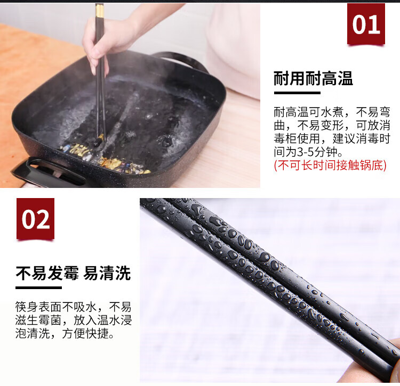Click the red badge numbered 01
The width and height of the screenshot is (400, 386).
(x=366, y=24)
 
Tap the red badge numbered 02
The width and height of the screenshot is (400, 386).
(x=35, y=219)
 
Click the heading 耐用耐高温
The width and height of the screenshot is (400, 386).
(x=313, y=78)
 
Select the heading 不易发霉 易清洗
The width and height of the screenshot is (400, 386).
(x=73, y=273)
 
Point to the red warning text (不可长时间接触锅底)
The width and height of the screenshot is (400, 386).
(x=330, y=165)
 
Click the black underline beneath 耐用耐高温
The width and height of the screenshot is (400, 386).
(x=297, y=93)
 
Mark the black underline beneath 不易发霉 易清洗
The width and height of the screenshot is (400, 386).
(x=38, y=288)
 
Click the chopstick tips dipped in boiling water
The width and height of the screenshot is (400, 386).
(x=100, y=139)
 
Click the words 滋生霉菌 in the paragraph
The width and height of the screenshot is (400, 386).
(x=38, y=321)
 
